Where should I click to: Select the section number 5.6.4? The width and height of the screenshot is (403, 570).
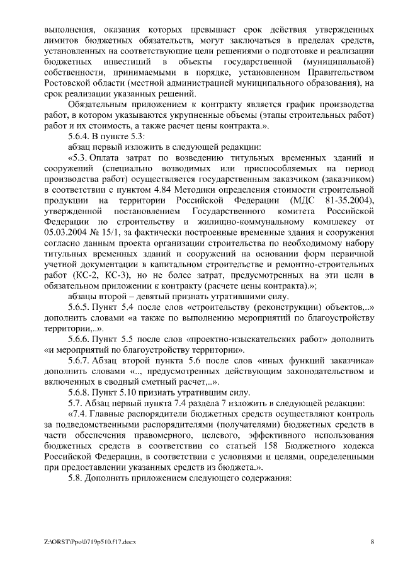[80, 136]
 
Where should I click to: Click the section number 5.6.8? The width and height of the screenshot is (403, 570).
[80, 391]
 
